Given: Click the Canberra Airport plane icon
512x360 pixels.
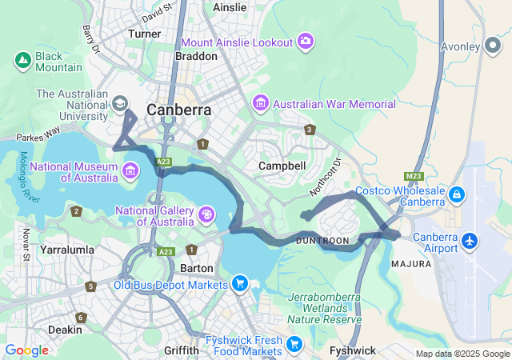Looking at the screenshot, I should click(470, 241).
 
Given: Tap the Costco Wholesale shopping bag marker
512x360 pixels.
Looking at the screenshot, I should click(457, 194).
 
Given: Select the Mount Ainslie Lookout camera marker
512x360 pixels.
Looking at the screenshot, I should click(305, 41).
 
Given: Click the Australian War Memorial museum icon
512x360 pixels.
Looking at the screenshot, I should click(260, 104).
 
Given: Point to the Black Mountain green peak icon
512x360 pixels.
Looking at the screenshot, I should click(22, 60).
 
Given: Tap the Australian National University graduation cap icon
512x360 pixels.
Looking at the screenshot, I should click(120, 104).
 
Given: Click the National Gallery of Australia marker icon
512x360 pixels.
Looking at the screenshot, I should click(206, 214).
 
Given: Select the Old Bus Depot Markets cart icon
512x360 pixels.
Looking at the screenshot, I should click(239, 284).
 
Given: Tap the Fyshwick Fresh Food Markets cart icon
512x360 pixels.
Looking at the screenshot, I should click(295, 345).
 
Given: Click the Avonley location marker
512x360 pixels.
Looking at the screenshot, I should click(493, 46).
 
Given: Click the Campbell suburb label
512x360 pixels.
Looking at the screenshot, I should click(282, 166).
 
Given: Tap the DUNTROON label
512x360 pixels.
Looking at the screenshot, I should click(322, 240).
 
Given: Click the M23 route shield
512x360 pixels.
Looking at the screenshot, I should click(413, 176).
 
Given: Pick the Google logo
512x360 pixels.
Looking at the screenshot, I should click(26, 350).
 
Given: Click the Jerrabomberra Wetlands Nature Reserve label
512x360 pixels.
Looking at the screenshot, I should click(324, 308).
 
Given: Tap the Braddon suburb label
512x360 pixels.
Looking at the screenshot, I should click(196, 57).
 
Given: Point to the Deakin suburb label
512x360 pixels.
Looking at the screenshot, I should click(64, 330).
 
